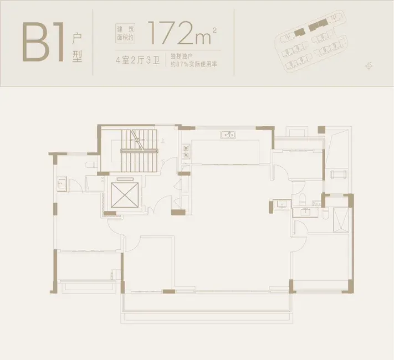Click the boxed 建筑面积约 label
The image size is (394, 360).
125,33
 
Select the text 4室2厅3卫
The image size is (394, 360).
137,60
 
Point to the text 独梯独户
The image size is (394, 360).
181,56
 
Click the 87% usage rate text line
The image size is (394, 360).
193,64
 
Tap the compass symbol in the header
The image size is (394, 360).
369,66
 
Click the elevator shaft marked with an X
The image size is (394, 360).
125,195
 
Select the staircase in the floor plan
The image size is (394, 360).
139,151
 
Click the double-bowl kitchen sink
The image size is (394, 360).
228,135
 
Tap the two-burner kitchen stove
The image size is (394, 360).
186,152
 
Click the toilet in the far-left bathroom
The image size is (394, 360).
91,165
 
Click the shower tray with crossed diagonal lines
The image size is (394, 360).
341,220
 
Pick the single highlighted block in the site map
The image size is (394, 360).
299,32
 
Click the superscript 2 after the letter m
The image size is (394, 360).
214,30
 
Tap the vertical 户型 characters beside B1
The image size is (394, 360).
77,48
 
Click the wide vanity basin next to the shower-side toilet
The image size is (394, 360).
305,213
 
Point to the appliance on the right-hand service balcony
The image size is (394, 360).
339,173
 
